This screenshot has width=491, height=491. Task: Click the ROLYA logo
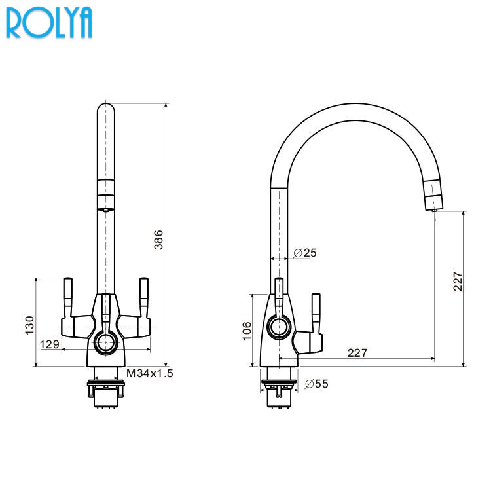pos(49,22)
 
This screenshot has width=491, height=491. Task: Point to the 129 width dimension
pos(50,344)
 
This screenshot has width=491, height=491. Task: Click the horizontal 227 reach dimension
pos(357,352)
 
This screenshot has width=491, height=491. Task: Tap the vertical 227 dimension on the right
pos(458,282)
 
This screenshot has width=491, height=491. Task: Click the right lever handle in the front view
pos(143,297)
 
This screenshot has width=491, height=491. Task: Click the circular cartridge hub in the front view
pos(105,341)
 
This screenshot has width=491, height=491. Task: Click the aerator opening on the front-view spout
pos(105,209)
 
